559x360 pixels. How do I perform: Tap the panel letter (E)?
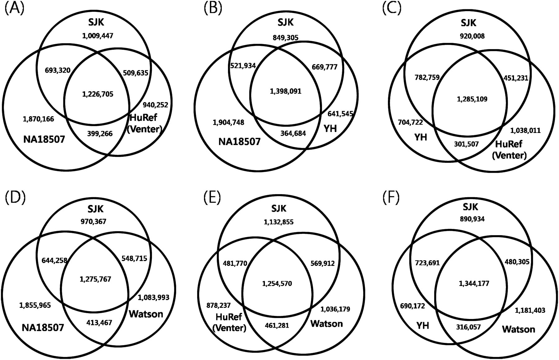[x=212, y=198]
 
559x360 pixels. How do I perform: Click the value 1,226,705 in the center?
[x=98, y=94]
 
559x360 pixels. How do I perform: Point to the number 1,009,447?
[x=98, y=36]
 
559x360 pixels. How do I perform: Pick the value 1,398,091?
[x=285, y=91]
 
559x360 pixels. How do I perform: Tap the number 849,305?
[x=285, y=38]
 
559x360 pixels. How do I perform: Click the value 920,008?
[x=472, y=36]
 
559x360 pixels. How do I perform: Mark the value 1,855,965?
[x=35, y=305]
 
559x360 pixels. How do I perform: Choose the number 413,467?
[x=99, y=323]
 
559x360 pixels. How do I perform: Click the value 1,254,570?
[x=277, y=284]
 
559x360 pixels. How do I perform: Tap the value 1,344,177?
[x=474, y=283]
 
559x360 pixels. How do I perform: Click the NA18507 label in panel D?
[x=43, y=327]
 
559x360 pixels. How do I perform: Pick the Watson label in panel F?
[x=519, y=329]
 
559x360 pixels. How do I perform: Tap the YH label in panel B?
[x=330, y=128]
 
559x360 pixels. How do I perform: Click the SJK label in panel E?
[x=279, y=208]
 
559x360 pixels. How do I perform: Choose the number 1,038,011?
[x=525, y=130]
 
